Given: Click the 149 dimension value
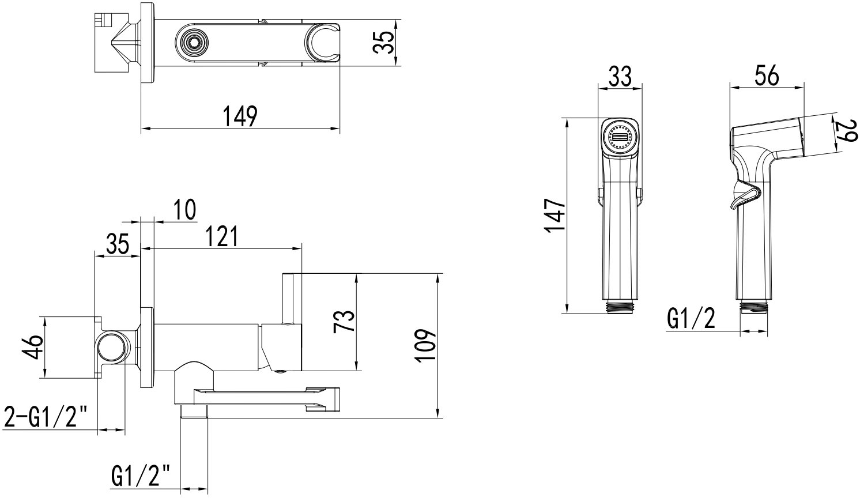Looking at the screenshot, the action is [x=240, y=116].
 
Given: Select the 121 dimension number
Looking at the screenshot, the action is [x=221, y=236].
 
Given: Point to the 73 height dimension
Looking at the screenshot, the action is [x=344, y=321].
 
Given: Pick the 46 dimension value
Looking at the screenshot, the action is [x=32, y=347].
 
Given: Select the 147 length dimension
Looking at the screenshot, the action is [x=555, y=215].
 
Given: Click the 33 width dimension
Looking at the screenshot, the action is [x=620, y=76].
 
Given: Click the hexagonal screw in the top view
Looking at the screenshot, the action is [x=193, y=41].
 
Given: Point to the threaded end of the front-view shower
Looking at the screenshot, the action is [x=620, y=308].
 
